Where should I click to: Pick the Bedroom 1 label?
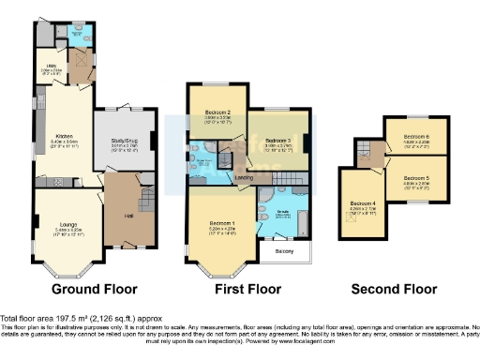[x=220, y=224]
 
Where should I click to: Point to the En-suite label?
[x=281, y=212]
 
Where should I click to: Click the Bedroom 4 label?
[x=365, y=204]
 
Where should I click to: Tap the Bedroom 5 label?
[x=415, y=178]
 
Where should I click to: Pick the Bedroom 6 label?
[x=415, y=137]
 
